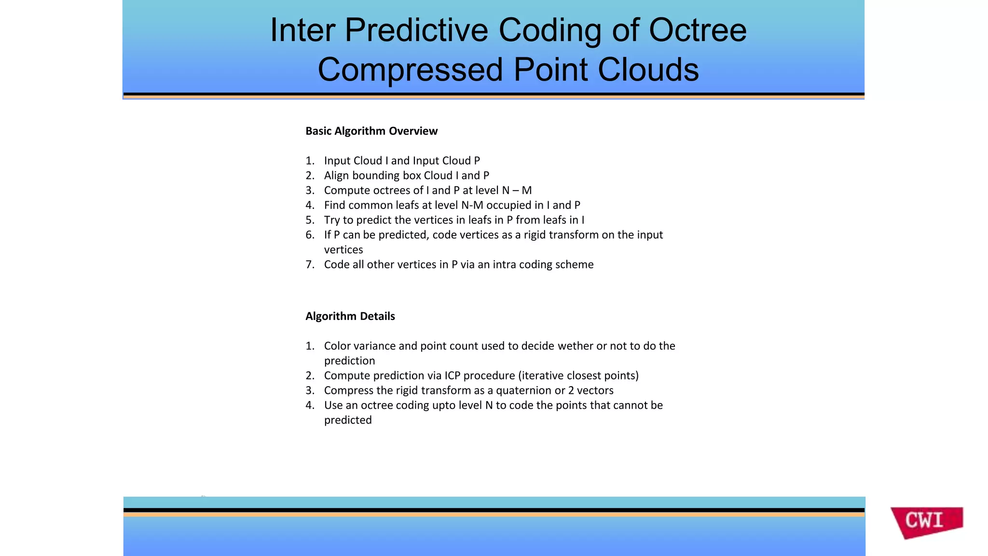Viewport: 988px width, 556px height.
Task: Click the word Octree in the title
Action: (698, 30)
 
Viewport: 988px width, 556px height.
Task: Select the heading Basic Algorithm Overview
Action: (371, 131)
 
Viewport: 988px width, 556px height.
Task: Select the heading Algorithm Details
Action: (350, 317)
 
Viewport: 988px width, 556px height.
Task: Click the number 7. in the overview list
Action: (310, 264)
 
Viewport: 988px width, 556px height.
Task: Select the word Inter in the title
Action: (302, 30)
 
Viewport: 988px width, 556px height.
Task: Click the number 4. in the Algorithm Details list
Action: (310, 405)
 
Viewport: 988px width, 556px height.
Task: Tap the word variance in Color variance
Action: (373, 346)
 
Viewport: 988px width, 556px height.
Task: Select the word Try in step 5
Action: (332, 220)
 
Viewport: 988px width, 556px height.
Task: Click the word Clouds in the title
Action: (648, 70)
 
